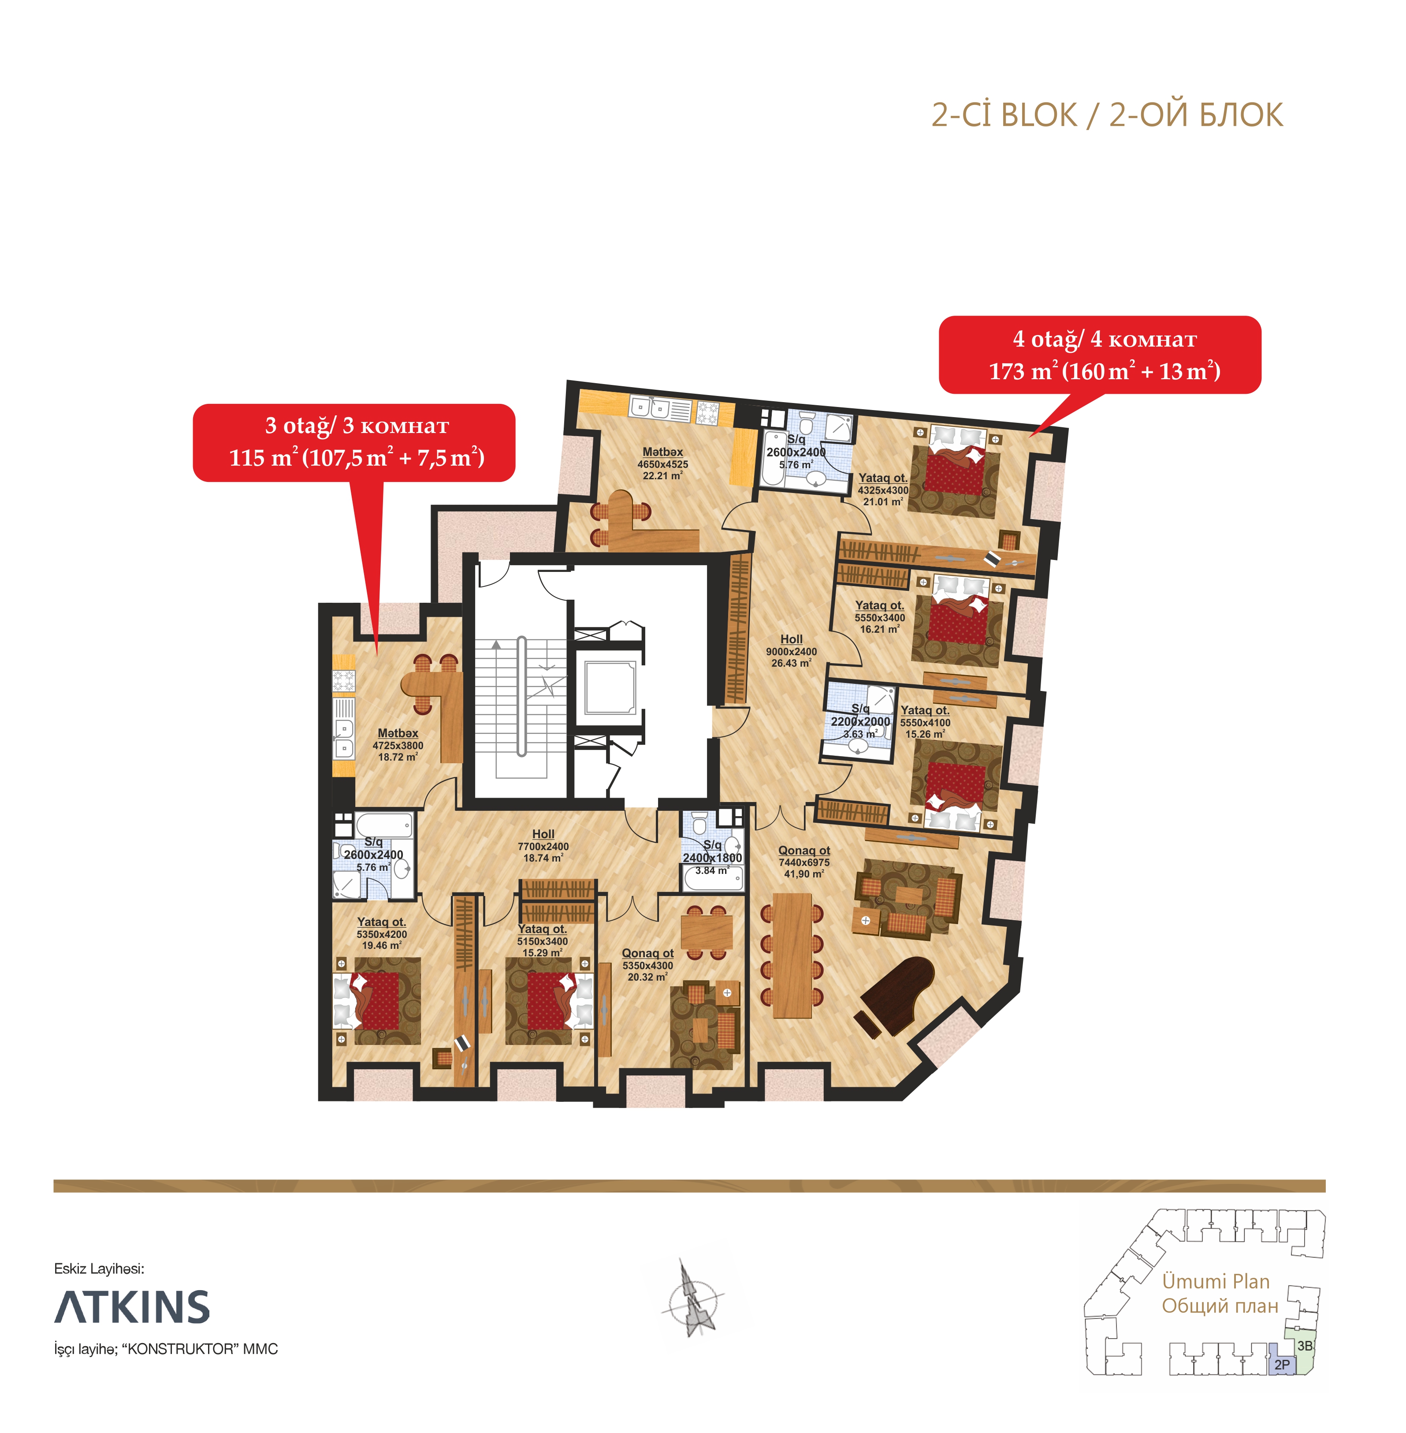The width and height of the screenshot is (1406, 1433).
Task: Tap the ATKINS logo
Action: tap(132, 1307)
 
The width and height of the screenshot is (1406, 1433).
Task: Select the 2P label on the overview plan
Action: tap(1282, 1365)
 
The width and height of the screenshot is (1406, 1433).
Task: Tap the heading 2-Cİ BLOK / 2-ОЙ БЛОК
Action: tap(1107, 115)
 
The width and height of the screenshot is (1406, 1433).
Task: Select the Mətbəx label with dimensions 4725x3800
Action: tap(397, 745)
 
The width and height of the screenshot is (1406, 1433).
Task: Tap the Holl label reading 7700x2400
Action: tap(543, 846)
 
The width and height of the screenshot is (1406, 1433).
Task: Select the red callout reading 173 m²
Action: tap(1100, 355)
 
